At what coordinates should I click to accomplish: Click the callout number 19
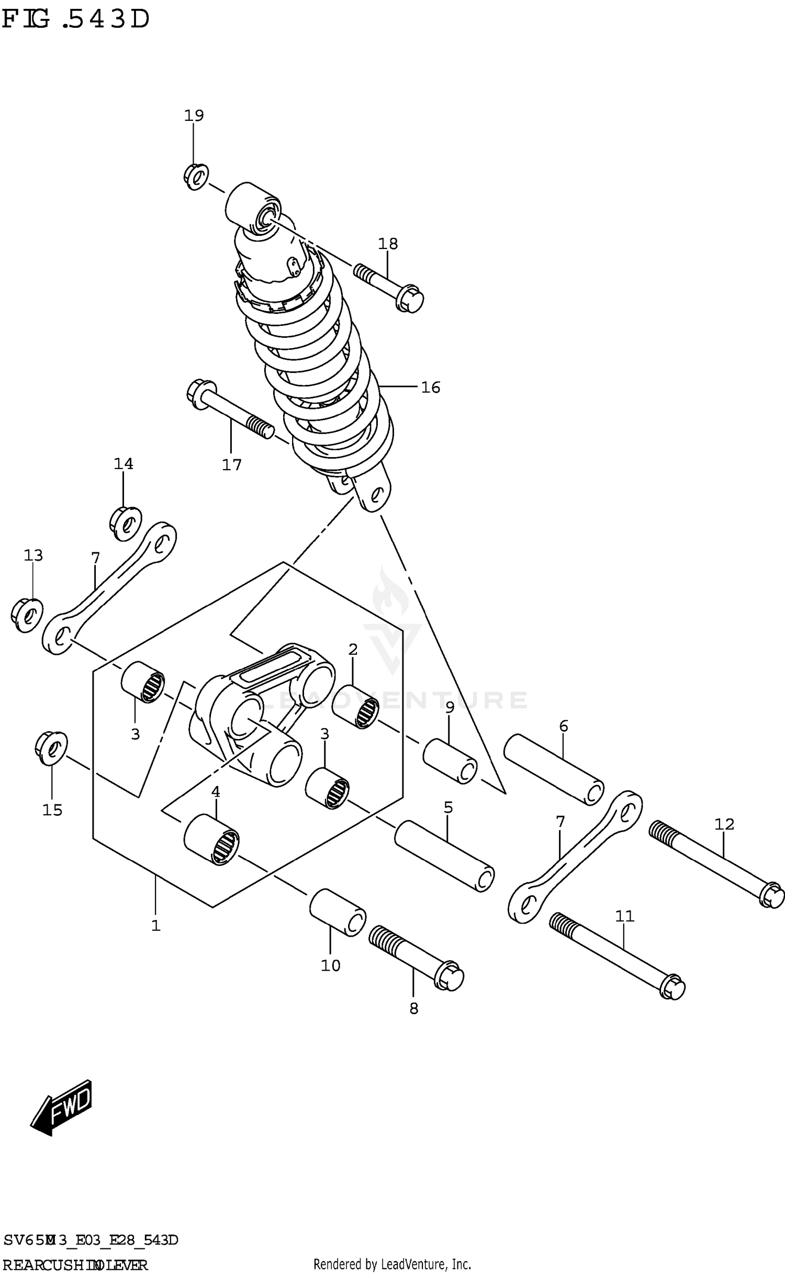(x=194, y=115)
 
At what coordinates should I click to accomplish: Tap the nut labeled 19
(x=197, y=177)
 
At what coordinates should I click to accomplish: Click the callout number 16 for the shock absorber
(x=431, y=388)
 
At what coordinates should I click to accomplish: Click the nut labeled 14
(x=126, y=522)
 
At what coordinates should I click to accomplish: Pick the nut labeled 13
(x=27, y=616)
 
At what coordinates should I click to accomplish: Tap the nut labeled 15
(x=51, y=747)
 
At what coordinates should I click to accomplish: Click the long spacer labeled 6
(x=553, y=769)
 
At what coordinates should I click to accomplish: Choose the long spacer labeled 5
(x=444, y=856)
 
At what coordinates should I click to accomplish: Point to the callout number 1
(x=155, y=926)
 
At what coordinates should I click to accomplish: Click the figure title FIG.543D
(x=76, y=20)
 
